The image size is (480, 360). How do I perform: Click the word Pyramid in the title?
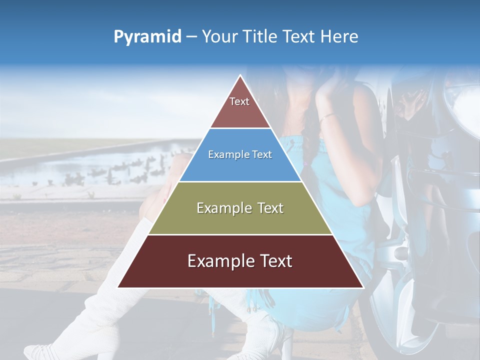147,37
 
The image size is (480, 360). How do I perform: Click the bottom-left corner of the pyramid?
118,287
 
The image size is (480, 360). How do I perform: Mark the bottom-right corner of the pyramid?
363,287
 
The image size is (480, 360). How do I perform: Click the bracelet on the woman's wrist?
327,117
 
